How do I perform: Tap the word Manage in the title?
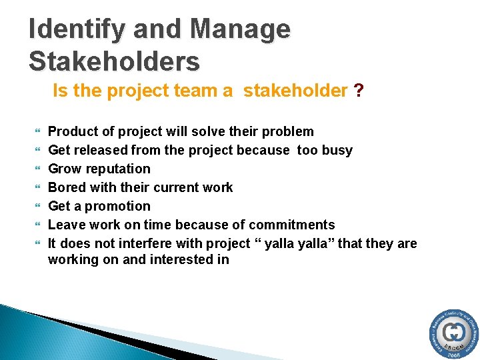[240, 29]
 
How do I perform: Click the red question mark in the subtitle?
[359, 91]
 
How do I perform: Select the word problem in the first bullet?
[288, 131]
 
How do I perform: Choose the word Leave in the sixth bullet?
[67, 225]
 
